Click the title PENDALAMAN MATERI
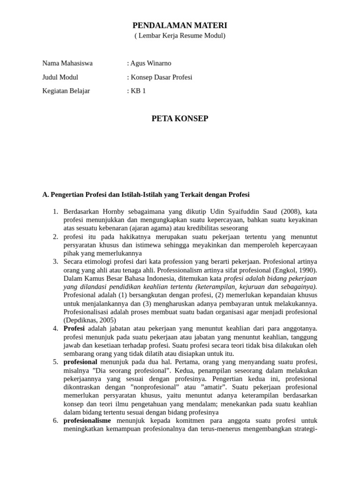(180, 25)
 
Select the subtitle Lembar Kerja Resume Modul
(180, 36)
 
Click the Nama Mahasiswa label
(67, 63)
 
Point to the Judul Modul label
(60, 77)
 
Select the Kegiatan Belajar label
(66, 91)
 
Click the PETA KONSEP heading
(180, 119)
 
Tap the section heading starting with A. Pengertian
(146, 194)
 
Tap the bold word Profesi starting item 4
(74, 329)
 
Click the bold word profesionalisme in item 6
(87, 421)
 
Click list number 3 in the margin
(55, 262)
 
